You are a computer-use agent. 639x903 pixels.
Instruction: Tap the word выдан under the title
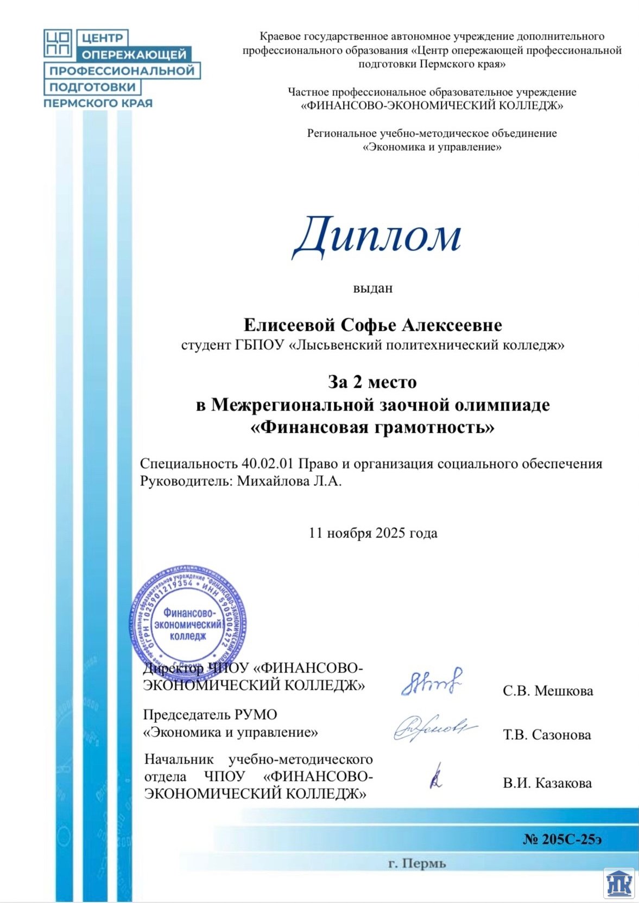[372, 288]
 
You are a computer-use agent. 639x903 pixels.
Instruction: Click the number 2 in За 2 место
[357, 382]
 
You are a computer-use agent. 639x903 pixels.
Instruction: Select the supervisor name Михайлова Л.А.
[289, 481]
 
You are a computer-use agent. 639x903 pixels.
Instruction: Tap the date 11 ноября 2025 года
[372, 533]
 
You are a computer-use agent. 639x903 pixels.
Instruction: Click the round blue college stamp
[188, 624]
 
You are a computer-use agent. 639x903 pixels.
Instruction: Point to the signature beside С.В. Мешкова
[432, 682]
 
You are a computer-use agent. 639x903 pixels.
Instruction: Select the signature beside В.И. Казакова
[436, 777]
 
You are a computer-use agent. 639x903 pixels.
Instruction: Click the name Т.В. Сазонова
[547, 735]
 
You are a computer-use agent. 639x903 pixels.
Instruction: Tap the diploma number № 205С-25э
[562, 839]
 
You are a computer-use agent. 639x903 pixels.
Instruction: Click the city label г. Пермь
[417, 863]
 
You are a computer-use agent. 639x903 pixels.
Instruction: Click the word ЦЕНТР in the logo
[103, 38]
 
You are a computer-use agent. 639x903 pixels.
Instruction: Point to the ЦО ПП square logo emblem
[58, 43]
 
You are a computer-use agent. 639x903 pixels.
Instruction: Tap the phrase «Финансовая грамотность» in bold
[372, 427]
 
